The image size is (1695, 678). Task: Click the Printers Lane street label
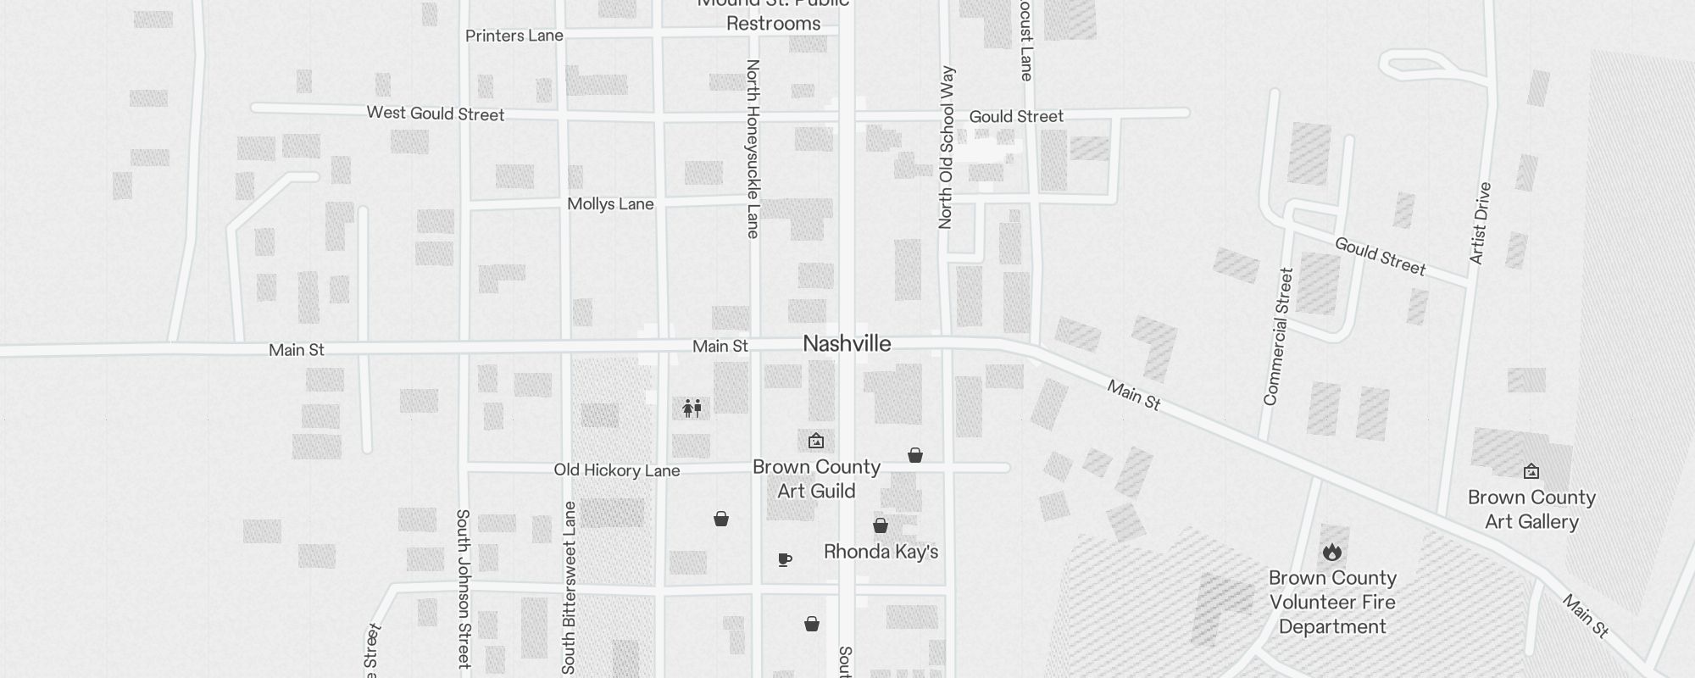(514, 36)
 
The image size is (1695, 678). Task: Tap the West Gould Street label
(435, 114)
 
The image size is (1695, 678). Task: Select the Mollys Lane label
(610, 204)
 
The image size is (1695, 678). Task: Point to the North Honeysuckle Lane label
(753, 148)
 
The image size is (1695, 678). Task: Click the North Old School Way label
(947, 147)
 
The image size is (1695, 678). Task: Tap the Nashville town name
(847, 344)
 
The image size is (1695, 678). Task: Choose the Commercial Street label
(1278, 336)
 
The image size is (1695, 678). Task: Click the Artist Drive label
(1480, 223)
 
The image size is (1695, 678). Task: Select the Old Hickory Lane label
(616, 470)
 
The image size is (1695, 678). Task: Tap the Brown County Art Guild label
(816, 479)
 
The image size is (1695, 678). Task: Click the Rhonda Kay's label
(881, 553)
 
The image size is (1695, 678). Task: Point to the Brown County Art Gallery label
(1531, 509)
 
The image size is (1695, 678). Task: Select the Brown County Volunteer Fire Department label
(1332, 603)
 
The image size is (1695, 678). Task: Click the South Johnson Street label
(463, 588)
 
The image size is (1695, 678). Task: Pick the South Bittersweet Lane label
(569, 587)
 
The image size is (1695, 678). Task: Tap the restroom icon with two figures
(692, 408)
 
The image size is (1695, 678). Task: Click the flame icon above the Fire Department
(1331, 553)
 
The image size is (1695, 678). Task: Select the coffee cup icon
(785, 559)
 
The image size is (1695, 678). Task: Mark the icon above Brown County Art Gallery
(1531, 471)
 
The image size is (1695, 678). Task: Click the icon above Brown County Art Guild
(816, 441)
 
